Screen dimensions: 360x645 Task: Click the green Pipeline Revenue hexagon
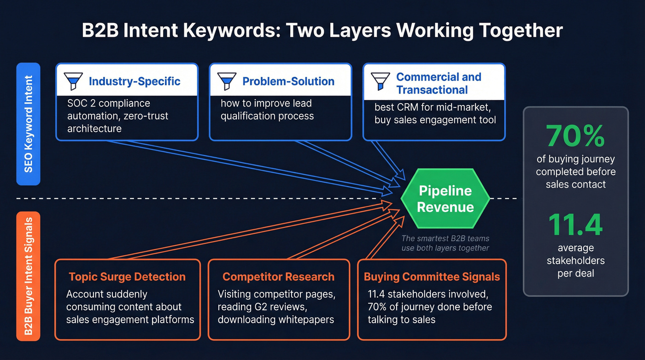[445, 199]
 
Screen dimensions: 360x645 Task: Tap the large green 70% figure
[575, 136]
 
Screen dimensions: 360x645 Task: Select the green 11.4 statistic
[575, 225]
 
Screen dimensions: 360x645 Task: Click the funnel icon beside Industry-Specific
[74, 81]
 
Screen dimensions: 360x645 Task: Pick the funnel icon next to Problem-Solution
[227, 81]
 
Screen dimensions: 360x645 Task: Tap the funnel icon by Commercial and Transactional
[381, 82]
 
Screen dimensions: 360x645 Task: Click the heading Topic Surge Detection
[127, 277]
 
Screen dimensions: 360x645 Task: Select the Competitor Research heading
[278, 277]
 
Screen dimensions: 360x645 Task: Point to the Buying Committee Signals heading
[432, 277]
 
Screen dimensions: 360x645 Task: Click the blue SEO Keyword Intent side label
[29, 124]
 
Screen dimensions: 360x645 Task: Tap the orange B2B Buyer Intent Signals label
[29, 277]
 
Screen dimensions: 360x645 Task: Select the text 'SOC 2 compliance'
[109, 103]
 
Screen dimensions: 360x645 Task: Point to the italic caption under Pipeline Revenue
[445, 243]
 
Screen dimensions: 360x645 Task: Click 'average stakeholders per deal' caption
[575, 260]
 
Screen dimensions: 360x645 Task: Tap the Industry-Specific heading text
[135, 82]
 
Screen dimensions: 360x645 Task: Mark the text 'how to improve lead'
[266, 103]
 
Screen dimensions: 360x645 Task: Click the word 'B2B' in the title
[104, 30]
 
